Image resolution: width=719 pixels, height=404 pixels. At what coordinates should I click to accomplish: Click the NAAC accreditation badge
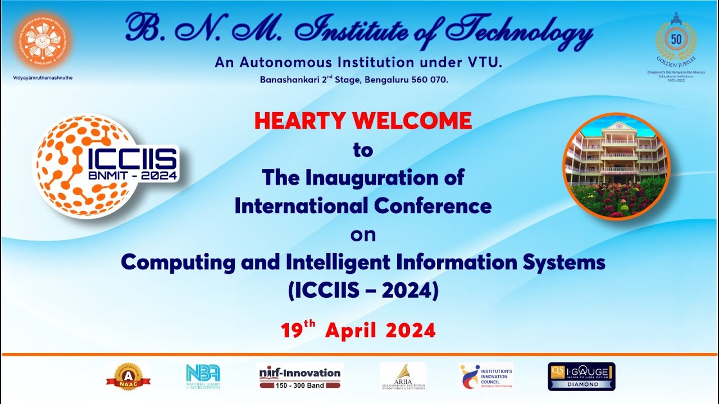coord(128,377)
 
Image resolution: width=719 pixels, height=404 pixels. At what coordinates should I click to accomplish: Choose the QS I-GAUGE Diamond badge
coord(581,376)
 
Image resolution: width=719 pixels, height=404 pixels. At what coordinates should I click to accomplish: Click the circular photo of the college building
coord(616,166)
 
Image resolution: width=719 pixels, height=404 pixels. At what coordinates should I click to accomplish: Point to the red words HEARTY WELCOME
coord(363,121)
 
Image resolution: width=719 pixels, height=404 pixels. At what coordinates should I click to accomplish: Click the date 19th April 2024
coord(358,330)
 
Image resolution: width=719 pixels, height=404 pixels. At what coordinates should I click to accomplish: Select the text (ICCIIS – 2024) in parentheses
coord(363,291)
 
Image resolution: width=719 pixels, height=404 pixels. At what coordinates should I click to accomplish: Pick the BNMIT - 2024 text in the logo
coord(133,175)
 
